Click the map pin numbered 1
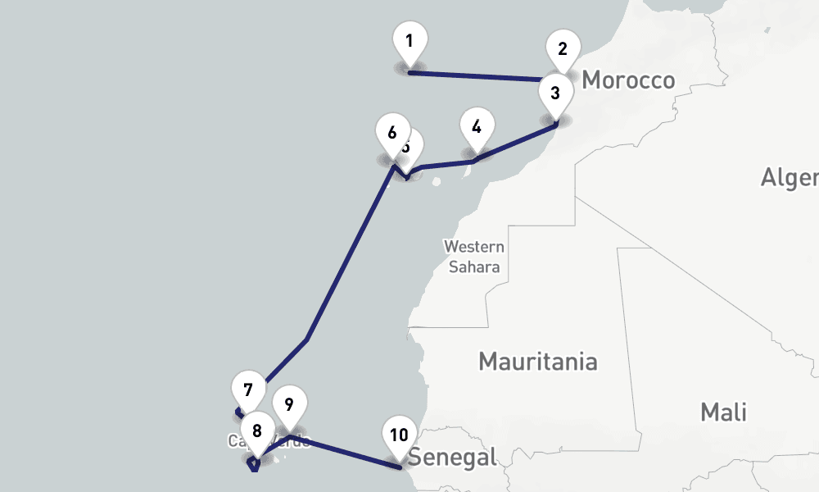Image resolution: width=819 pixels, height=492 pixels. pos(409,42)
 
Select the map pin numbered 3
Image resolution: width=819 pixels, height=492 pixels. pos(555,94)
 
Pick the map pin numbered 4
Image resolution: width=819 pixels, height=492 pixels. pos(477,128)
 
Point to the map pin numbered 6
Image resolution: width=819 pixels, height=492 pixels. pos(392,134)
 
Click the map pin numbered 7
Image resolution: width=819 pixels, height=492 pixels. pos(248,391)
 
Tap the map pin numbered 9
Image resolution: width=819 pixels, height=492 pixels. pos(288,405)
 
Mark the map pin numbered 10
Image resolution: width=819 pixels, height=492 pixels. pos(399,436)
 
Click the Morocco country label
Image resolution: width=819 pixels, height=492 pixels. pos(628,80)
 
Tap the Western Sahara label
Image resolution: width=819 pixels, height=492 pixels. pos(474,257)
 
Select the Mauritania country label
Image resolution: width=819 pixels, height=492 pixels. pos(538,362)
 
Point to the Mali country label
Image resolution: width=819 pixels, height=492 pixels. pos(723,412)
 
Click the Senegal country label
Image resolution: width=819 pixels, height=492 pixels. pos(454,457)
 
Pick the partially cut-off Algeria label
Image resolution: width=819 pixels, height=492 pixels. pos(790,177)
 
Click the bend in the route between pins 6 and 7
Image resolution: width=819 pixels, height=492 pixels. pos(306,339)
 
